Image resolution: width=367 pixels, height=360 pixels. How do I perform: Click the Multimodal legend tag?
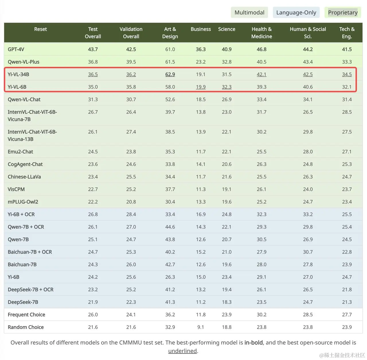click(x=249, y=13)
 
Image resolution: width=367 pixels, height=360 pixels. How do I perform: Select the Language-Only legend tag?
click(x=296, y=13)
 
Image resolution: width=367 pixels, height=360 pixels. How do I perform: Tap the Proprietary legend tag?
click(x=343, y=13)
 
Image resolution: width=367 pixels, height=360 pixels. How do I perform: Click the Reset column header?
click(x=40, y=29)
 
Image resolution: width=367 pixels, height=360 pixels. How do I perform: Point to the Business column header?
click(x=201, y=29)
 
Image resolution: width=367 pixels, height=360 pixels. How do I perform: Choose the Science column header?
click(x=227, y=29)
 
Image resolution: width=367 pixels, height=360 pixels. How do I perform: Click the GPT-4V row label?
click(x=16, y=49)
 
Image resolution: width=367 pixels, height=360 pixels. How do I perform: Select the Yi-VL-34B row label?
click(x=18, y=74)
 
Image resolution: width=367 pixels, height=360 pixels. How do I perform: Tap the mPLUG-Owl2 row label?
click(x=23, y=202)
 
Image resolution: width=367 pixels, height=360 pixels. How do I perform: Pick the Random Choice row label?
click(x=26, y=327)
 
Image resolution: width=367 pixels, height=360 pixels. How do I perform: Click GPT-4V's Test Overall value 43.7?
click(x=93, y=49)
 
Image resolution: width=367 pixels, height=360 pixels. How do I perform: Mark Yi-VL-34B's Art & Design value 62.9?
click(x=170, y=74)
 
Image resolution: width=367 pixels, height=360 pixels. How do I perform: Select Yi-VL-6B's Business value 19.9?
click(x=201, y=87)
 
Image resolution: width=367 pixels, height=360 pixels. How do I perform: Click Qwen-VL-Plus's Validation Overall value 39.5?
click(x=131, y=62)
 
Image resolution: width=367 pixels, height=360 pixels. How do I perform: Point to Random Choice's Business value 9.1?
click(x=201, y=327)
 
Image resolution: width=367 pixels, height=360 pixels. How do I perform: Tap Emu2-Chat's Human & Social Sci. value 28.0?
click(x=308, y=152)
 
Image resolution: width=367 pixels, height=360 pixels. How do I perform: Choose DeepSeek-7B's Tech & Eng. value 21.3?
click(x=347, y=302)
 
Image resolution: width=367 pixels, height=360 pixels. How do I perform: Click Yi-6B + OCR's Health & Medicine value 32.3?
click(x=261, y=214)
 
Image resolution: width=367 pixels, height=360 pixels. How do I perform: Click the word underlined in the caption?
click(x=183, y=351)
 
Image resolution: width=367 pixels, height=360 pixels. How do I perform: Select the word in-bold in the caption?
click(x=253, y=342)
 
